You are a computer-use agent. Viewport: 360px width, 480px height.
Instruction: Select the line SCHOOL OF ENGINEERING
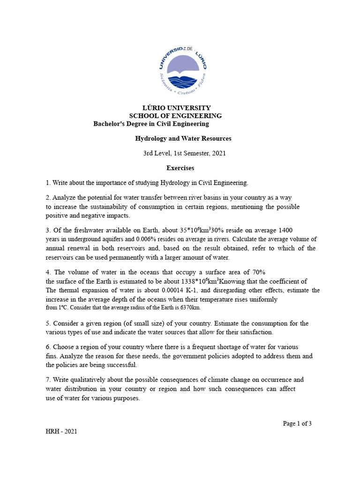click(176, 116)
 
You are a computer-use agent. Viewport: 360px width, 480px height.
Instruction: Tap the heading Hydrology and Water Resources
click(183, 139)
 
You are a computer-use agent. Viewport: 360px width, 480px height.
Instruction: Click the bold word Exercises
click(180, 168)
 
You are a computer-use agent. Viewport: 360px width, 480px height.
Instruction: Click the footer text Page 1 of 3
click(297, 424)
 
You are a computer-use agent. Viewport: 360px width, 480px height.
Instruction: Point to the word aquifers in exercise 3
click(105, 239)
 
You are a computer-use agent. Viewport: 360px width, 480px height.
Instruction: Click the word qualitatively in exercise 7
click(89, 379)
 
